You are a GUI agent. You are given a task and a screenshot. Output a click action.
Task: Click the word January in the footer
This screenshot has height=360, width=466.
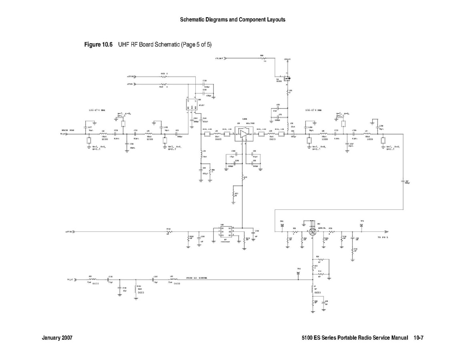pyautogui.click(x=52, y=338)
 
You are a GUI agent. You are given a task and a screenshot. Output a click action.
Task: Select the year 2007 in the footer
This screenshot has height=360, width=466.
pyautogui.click(x=67, y=338)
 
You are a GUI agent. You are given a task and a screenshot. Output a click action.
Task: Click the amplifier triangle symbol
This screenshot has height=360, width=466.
pyautogui.click(x=243, y=134)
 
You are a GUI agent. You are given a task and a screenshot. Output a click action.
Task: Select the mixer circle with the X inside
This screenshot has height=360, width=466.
pyautogui.click(x=313, y=232)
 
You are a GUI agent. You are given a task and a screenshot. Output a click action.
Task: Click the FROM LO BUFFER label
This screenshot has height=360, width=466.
pyautogui.click(x=196, y=278)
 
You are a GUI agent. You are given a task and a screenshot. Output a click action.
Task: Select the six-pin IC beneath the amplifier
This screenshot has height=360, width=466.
pyautogui.click(x=225, y=232)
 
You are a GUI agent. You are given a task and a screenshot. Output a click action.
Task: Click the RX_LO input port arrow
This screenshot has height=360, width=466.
pyautogui.click(x=68, y=279)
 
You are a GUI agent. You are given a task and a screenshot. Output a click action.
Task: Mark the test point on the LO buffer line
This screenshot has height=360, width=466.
pyautogui.click(x=298, y=274)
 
